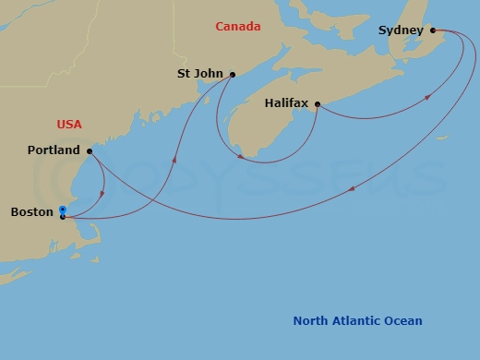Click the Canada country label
pos(237,27)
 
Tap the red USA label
pos(70,124)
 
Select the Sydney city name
pos(401,30)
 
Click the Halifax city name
pos(286,104)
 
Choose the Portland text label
pos(54,150)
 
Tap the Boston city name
pos(31,212)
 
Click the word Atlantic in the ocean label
pos(358,321)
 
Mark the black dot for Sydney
pos(433,30)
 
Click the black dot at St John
pos(233,75)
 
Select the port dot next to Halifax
pos(317,104)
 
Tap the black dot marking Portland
pos(90,150)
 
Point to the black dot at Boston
pos(63,218)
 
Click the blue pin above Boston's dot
pos(63,210)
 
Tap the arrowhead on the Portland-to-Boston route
pos(102,194)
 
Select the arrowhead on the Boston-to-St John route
pos(174,160)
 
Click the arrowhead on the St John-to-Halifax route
pos(240,156)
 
